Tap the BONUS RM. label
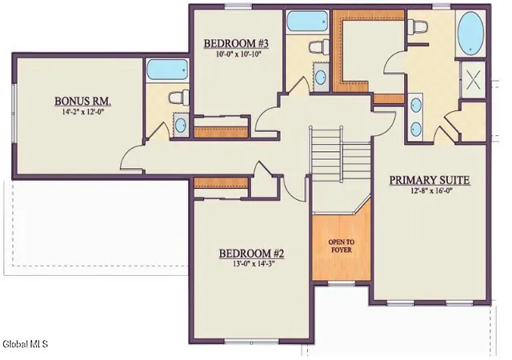tap(82, 101)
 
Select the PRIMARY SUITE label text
tap(430, 180)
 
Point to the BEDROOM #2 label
tap(251, 253)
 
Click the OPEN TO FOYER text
tap(342, 246)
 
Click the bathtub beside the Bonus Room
tap(167, 70)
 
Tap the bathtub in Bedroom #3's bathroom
tap(306, 22)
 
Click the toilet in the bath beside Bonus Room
tap(179, 98)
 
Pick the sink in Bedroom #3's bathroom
tap(320, 78)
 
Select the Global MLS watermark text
tap(25, 344)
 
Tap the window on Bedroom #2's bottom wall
tap(251, 342)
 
